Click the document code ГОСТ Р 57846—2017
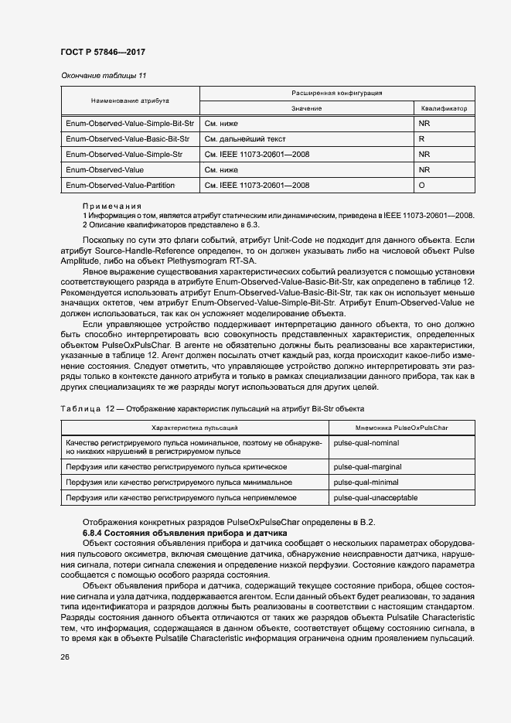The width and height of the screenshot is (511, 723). coord(103,52)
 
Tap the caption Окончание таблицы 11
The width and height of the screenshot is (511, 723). coord(103,75)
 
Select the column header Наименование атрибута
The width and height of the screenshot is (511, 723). coord(130,101)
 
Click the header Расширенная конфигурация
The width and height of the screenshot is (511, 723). coord(337,93)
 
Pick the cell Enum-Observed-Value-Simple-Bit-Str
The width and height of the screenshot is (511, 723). coord(129,123)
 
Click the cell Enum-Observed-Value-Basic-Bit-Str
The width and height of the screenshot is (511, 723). coord(128,139)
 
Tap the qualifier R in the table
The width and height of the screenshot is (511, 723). coord(422,139)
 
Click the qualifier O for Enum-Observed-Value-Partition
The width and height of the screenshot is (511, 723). coord(422,186)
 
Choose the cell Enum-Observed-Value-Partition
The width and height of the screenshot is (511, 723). coord(121,186)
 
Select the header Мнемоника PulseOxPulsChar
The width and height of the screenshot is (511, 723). coord(402,427)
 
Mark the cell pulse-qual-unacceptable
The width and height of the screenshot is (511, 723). coord(375,497)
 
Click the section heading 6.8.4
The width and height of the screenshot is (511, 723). coord(185,534)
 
